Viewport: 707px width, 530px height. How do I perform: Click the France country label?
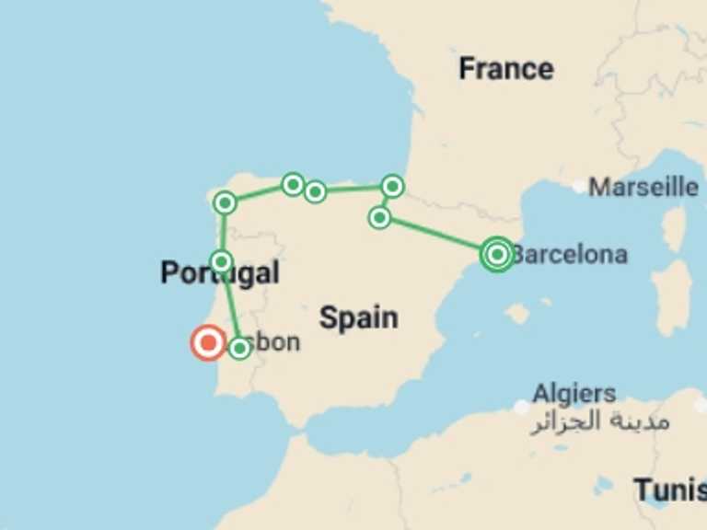point(506,69)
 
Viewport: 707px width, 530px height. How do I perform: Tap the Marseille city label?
point(643,187)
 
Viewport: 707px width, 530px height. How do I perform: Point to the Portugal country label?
point(219,273)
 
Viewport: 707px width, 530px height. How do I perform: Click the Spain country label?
point(359,318)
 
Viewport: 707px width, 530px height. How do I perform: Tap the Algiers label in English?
point(574,394)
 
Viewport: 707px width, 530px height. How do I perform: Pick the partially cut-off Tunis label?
point(669,490)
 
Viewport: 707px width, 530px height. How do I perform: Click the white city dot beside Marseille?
point(578,187)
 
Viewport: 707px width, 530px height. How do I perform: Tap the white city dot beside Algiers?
point(522,407)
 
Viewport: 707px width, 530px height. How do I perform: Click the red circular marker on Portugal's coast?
point(208,343)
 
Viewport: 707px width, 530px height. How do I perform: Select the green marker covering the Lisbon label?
point(239,348)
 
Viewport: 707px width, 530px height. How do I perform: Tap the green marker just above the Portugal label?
point(221,261)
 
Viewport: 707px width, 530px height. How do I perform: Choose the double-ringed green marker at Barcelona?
point(497,254)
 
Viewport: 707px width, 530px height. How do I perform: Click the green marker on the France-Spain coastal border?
point(393,187)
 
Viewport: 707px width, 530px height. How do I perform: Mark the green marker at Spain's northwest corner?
point(225,202)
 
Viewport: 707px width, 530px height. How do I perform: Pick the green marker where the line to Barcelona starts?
point(379,217)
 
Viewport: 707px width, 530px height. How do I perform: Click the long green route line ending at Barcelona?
point(438,236)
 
